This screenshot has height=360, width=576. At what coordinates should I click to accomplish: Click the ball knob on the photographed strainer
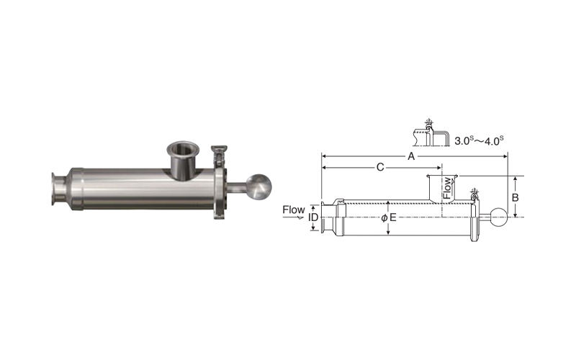pyautogui.click(x=258, y=187)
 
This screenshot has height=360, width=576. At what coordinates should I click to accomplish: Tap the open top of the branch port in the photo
pyautogui.click(x=183, y=148)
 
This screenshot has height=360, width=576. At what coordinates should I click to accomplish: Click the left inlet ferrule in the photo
pyautogui.click(x=59, y=189)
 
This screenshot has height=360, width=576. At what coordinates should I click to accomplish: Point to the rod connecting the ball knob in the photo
pyautogui.click(x=237, y=187)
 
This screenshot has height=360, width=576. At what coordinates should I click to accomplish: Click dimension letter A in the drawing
pyautogui.click(x=411, y=156)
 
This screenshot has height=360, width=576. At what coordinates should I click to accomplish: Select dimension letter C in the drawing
pyautogui.click(x=380, y=168)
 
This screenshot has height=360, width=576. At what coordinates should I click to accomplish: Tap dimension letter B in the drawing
pyautogui.click(x=515, y=197)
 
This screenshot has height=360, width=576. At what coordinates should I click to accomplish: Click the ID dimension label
pyautogui.click(x=313, y=217)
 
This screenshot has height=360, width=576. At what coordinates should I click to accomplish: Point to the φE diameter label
pyautogui.click(x=389, y=217)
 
